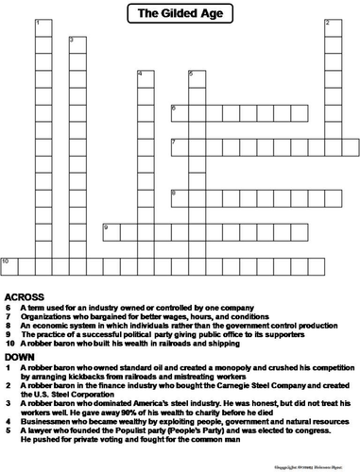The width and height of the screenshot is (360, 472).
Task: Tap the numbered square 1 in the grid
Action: [x=41, y=24]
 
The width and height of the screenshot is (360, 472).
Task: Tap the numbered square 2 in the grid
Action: [x=332, y=24]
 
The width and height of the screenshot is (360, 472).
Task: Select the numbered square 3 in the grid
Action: [x=75, y=43]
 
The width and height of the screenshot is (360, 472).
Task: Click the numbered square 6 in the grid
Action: [x=178, y=111]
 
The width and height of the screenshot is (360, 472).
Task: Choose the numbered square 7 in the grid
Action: [x=178, y=145]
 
